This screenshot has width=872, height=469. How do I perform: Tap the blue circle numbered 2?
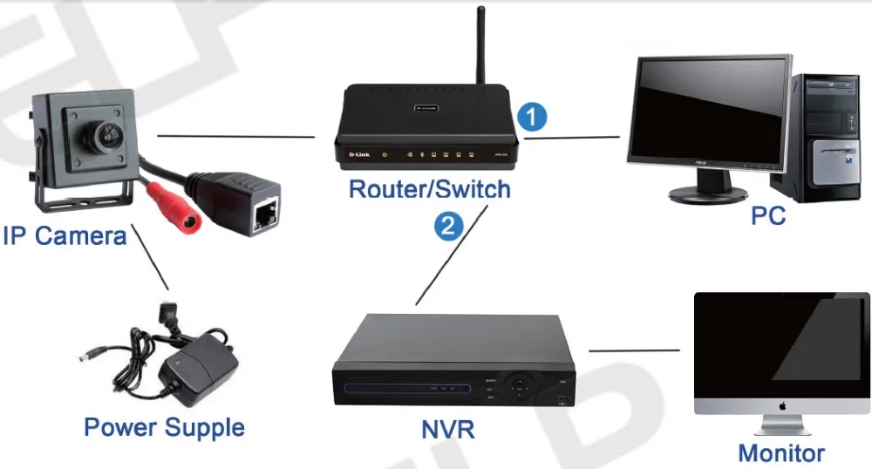point(448,227)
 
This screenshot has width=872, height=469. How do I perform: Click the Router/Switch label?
point(429,188)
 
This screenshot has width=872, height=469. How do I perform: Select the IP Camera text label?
point(65,235)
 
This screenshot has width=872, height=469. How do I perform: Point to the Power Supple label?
point(164,427)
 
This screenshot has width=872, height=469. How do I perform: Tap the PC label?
point(768,214)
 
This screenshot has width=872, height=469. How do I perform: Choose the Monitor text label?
point(780,453)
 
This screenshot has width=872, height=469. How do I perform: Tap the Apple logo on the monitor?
point(781,405)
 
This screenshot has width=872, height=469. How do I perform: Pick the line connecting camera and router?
point(235,136)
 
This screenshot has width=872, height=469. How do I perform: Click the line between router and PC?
point(571,137)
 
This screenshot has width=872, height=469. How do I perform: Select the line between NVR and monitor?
point(634,350)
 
